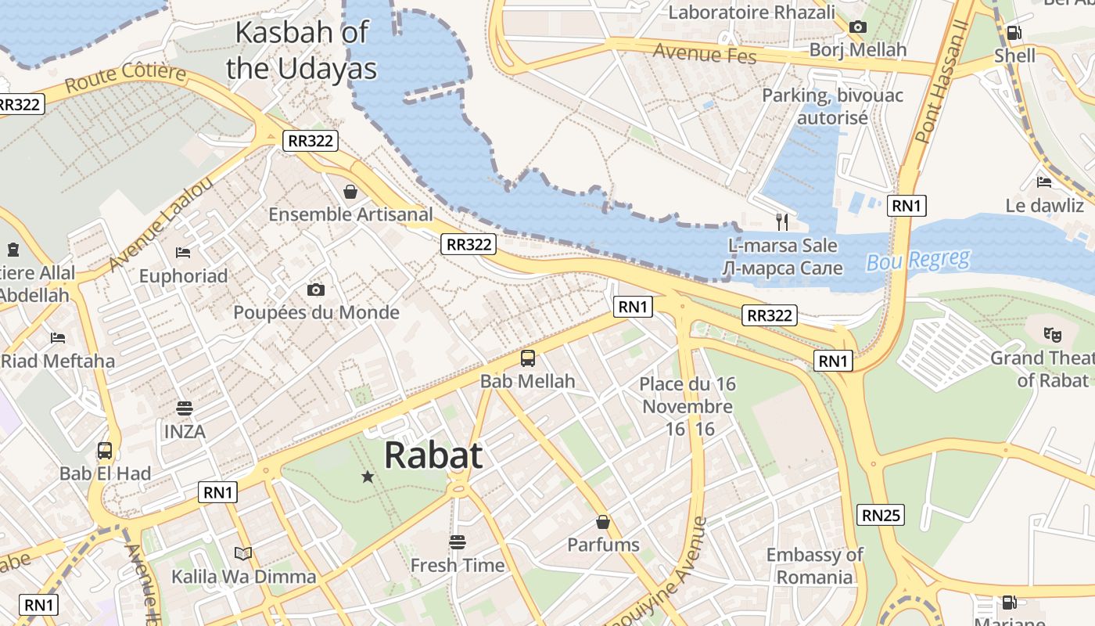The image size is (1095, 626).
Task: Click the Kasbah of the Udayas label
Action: (x=302, y=50)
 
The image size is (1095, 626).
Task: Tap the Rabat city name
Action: (x=433, y=455)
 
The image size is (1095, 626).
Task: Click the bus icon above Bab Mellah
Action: (x=528, y=358)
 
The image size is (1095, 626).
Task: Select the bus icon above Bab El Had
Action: (x=105, y=451)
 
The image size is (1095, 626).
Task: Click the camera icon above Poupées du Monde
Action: (x=316, y=290)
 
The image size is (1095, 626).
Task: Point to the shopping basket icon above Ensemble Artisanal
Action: (x=350, y=191)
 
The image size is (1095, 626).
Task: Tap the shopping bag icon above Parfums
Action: (x=603, y=521)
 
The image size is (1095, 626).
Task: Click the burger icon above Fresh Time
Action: (x=458, y=541)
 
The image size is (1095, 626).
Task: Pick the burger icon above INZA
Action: (x=185, y=408)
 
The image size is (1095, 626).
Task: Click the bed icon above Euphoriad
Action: (x=183, y=252)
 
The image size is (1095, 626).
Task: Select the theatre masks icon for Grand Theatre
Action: (x=1052, y=334)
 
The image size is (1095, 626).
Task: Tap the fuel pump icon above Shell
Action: (x=1014, y=32)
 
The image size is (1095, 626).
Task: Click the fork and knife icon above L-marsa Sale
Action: (x=782, y=221)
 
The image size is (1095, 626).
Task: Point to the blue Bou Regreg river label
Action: (x=917, y=260)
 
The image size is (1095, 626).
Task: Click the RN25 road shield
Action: (x=881, y=515)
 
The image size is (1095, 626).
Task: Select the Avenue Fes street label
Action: (x=705, y=53)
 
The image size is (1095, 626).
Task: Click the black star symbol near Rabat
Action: (x=368, y=476)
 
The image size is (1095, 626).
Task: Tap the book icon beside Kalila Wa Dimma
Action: (x=243, y=553)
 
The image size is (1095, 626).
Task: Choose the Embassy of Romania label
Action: (x=814, y=566)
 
